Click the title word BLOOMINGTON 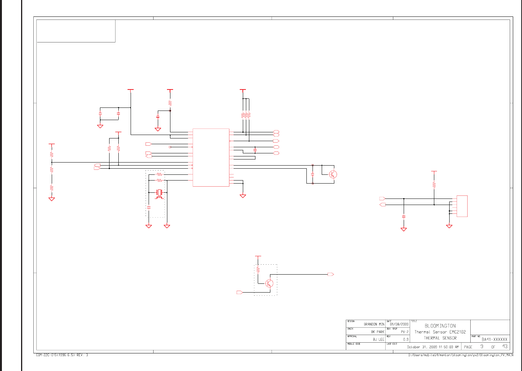440,326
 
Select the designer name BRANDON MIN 374,324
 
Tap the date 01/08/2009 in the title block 399,324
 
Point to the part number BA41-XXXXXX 494,339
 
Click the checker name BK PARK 377,332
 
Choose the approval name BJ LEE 378,339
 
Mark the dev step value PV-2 404,332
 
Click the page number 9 482,347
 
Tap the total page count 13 505,347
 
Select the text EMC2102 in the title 457,332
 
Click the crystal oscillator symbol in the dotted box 160,192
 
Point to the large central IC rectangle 211,157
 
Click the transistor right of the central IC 333,174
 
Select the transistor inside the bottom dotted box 269,283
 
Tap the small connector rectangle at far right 462,206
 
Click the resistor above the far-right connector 434,185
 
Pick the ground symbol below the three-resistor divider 52,199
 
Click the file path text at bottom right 461,355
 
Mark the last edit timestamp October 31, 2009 432,347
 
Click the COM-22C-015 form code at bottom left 62,355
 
